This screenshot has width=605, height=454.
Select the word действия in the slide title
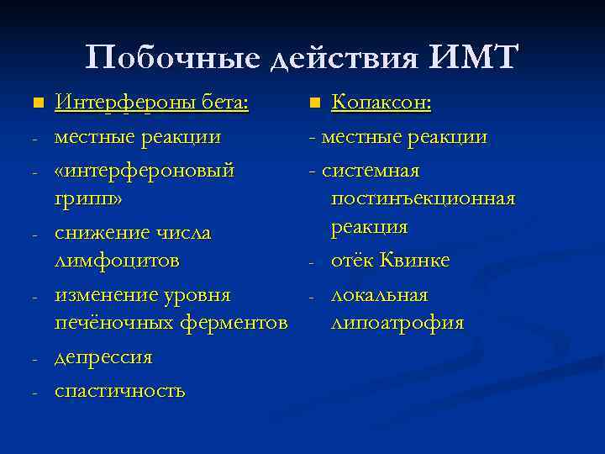point(345,58)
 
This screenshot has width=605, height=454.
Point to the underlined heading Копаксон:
point(381,103)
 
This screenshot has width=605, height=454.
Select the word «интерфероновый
point(145,171)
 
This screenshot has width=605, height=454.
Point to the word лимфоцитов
point(117,261)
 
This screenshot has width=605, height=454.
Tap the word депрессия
point(103,357)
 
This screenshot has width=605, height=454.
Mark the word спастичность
point(120,391)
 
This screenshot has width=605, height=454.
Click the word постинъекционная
point(423,198)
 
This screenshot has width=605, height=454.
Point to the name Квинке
point(415,261)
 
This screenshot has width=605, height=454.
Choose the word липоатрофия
point(397,323)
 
